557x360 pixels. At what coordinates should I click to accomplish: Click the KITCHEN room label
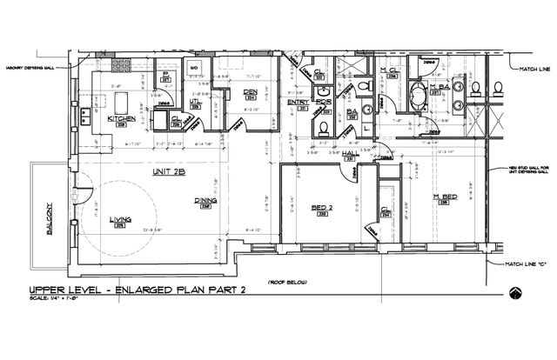click(121, 117)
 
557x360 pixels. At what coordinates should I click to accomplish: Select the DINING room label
click(205, 200)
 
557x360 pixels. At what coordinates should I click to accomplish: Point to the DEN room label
click(250, 91)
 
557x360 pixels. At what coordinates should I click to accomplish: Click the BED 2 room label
click(321, 206)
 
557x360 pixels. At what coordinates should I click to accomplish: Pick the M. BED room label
click(446, 197)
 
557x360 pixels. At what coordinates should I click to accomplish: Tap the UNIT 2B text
click(167, 171)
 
